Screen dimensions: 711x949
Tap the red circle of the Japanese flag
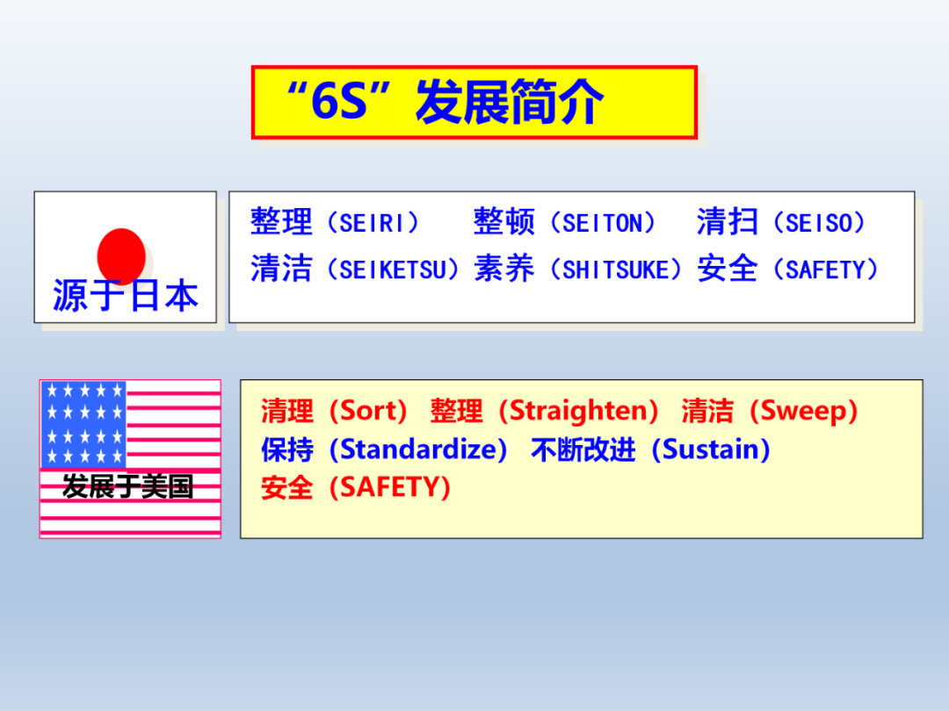pyautogui.click(x=121, y=255)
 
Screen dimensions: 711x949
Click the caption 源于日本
pyautogui.click(x=126, y=296)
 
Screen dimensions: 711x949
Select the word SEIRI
pyautogui.click(x=372, y=223)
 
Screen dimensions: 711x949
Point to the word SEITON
pyautogui.click(x=603, y=223)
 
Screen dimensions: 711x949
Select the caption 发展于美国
pyautogui.click(x=128, y=487)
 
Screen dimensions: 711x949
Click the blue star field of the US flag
pyautogui.click(x=83, y=424)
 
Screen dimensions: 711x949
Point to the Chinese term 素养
pyautogui.click(x=503, y=269)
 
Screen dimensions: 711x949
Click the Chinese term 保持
pyautogui.click(x=287, y=449)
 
